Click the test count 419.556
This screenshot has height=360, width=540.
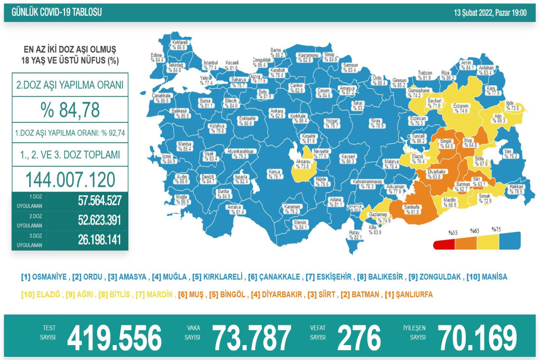114,337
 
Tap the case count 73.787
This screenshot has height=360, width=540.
252,337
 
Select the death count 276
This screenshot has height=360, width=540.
359,337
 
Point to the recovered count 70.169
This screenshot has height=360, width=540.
477,337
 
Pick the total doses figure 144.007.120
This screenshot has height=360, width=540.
70,180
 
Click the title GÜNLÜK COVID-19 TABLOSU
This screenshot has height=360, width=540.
57,13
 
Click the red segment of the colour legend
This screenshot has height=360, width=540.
444,245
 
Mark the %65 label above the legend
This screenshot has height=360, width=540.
475,231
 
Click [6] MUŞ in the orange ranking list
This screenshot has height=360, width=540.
189,295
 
